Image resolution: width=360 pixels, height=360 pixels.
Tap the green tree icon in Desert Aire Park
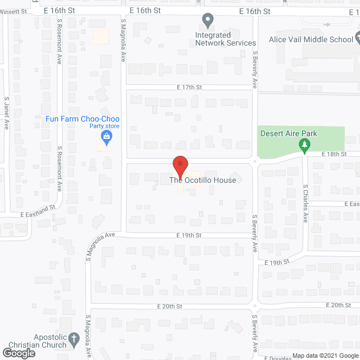304,146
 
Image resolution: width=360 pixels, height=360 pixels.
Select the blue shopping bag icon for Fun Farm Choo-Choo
105,136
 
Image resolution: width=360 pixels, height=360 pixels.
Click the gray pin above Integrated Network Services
208,21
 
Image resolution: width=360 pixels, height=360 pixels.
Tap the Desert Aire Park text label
289,133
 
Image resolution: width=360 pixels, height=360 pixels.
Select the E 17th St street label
188,87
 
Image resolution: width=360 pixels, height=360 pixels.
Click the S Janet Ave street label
6,112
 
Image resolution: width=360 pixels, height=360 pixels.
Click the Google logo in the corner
18,353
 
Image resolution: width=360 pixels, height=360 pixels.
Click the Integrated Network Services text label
225,39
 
